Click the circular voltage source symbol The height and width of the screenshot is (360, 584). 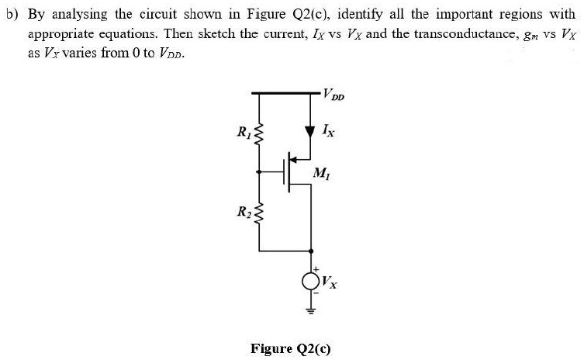[312, 280]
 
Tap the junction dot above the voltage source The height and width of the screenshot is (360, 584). [312, 251]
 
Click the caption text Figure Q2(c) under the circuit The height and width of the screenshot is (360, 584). [291, 348]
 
